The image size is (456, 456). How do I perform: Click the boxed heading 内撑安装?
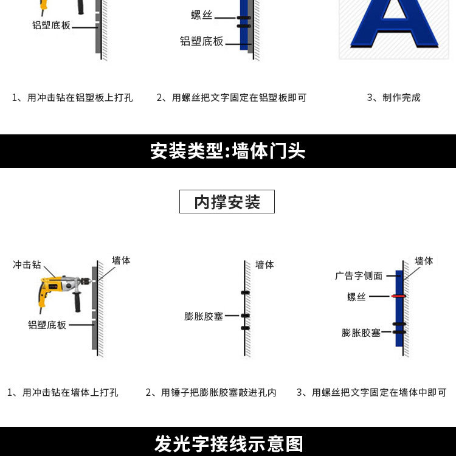227,202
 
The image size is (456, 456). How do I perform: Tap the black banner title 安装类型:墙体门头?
228,151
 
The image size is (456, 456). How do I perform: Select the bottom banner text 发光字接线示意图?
228,444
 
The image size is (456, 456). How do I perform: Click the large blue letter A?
394,24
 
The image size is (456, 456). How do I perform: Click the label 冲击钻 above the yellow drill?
27,264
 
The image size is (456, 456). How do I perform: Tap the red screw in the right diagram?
398,296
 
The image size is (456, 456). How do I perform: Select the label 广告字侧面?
359,275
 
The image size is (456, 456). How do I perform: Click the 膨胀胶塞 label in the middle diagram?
204,316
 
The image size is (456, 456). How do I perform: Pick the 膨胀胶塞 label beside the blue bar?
361,333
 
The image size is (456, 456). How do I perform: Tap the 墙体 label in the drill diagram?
121,260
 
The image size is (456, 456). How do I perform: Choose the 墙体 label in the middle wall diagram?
264,264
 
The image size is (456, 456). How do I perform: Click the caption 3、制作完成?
393,97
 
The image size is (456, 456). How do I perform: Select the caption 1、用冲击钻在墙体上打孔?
63,393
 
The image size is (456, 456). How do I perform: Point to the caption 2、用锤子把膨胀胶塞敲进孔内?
211,393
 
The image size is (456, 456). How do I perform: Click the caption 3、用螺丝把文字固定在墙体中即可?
371,393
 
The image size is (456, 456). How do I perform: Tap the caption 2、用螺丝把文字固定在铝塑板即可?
231,97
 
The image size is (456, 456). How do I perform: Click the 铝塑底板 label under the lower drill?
47,325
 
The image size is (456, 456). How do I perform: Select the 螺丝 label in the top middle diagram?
202,15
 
